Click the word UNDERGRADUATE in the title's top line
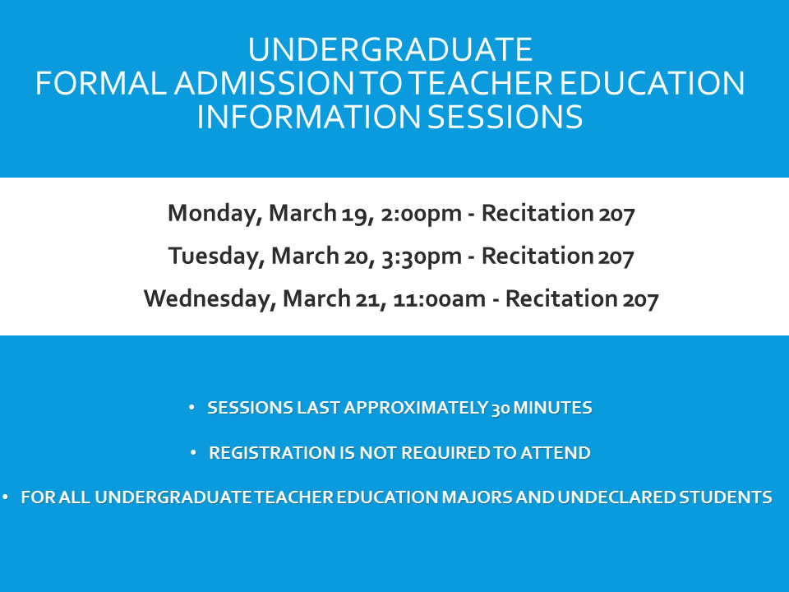tap(390, 49)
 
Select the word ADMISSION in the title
tap(265, 83)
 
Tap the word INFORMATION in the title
tap(308, 117)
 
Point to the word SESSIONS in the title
tap(505, 117)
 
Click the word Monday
tap(215, 214)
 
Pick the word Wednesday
tap(210, 298)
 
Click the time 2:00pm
tap(421, 214)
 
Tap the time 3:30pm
tap(422, 257)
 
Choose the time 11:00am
tap(439, 299)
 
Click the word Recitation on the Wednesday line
tap(561, 298)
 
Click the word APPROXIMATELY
tap(416, 407)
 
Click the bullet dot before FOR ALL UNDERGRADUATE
tap(5, 497)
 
